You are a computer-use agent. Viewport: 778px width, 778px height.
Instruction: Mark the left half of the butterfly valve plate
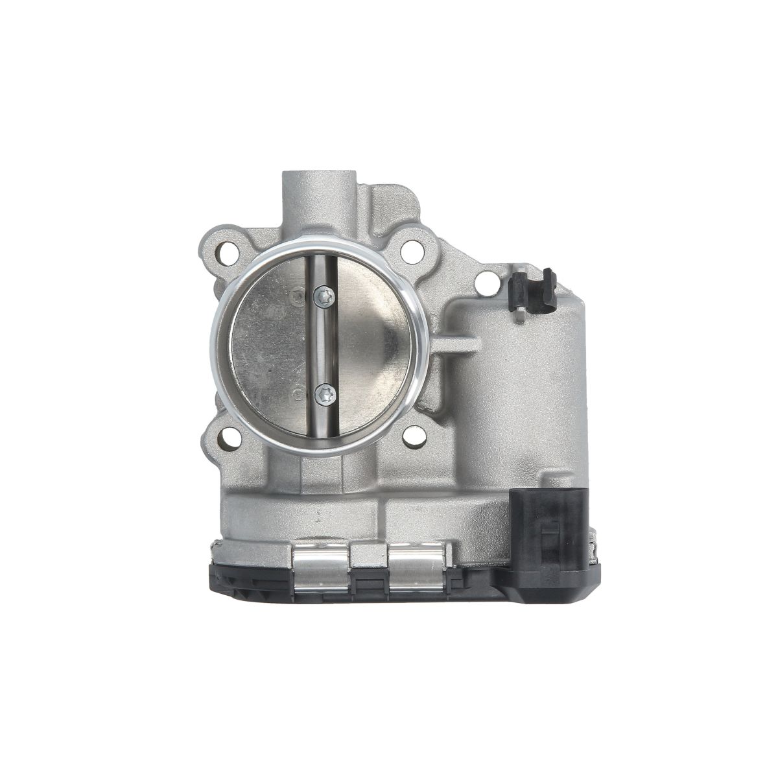pyautogui.click(x=269, y=347)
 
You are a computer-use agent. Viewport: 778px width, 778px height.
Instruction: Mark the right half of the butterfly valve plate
pyautogui.click(x=373, y=347)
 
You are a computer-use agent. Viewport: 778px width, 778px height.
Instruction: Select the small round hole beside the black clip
pyautogui.click(x=485, y=283)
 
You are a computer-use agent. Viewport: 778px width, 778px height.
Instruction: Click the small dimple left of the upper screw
pyautogui.click(x=298, y=296)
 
